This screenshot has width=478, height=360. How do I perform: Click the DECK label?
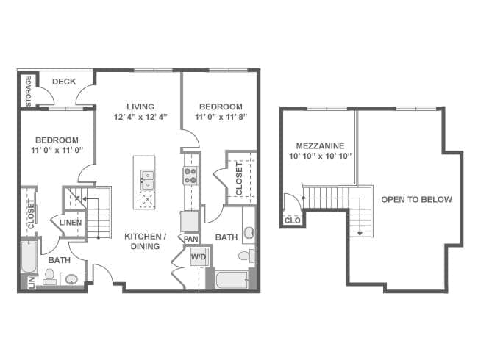64,82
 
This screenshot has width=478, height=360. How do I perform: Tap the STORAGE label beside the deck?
29,91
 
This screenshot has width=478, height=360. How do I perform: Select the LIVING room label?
140,107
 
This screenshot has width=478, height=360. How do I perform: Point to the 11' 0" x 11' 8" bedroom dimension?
221,117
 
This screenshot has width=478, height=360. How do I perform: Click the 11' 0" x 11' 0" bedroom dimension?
57,150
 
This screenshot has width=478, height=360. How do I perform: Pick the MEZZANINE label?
321,145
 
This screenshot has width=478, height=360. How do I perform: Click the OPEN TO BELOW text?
417,200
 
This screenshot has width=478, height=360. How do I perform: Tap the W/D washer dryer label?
199,256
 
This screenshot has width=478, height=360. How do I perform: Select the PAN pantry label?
191,239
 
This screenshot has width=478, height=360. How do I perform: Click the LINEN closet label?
71,223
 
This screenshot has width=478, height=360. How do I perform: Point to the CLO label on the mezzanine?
293,220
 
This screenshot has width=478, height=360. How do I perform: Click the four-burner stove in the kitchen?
190,176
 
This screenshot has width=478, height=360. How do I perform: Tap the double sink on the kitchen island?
148,180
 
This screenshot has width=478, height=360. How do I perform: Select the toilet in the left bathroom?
49,276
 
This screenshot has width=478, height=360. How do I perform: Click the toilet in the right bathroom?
246,256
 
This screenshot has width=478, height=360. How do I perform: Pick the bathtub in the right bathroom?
232,280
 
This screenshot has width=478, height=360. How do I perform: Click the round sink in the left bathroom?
71,278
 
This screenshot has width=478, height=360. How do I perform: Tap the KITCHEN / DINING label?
146,241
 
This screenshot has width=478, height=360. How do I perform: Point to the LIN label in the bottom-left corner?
32,282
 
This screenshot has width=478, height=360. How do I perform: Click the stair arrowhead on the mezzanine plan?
360,234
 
